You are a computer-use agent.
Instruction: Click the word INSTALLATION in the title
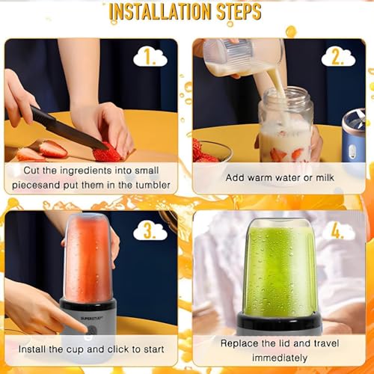[x=160, y=12]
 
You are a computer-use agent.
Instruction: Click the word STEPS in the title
[x=239, y=12]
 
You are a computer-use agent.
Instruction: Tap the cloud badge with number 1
[x=150, y=58]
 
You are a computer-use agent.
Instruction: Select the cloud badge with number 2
[x=338, y=58]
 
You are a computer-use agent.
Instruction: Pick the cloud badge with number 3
[x=150, y=231]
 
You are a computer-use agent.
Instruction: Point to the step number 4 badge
[x=338, y=231]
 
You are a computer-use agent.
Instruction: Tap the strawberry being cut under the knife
[x=106, y=152]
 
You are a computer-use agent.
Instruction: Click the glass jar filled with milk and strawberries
[x=286, y=126]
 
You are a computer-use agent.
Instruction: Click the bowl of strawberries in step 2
[x=212, y=151]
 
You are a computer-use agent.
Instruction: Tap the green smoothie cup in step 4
[x=280, y=268]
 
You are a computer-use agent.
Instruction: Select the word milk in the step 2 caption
[x=325, y=177]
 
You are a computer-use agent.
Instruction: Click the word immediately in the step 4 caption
[x=280, y=358]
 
